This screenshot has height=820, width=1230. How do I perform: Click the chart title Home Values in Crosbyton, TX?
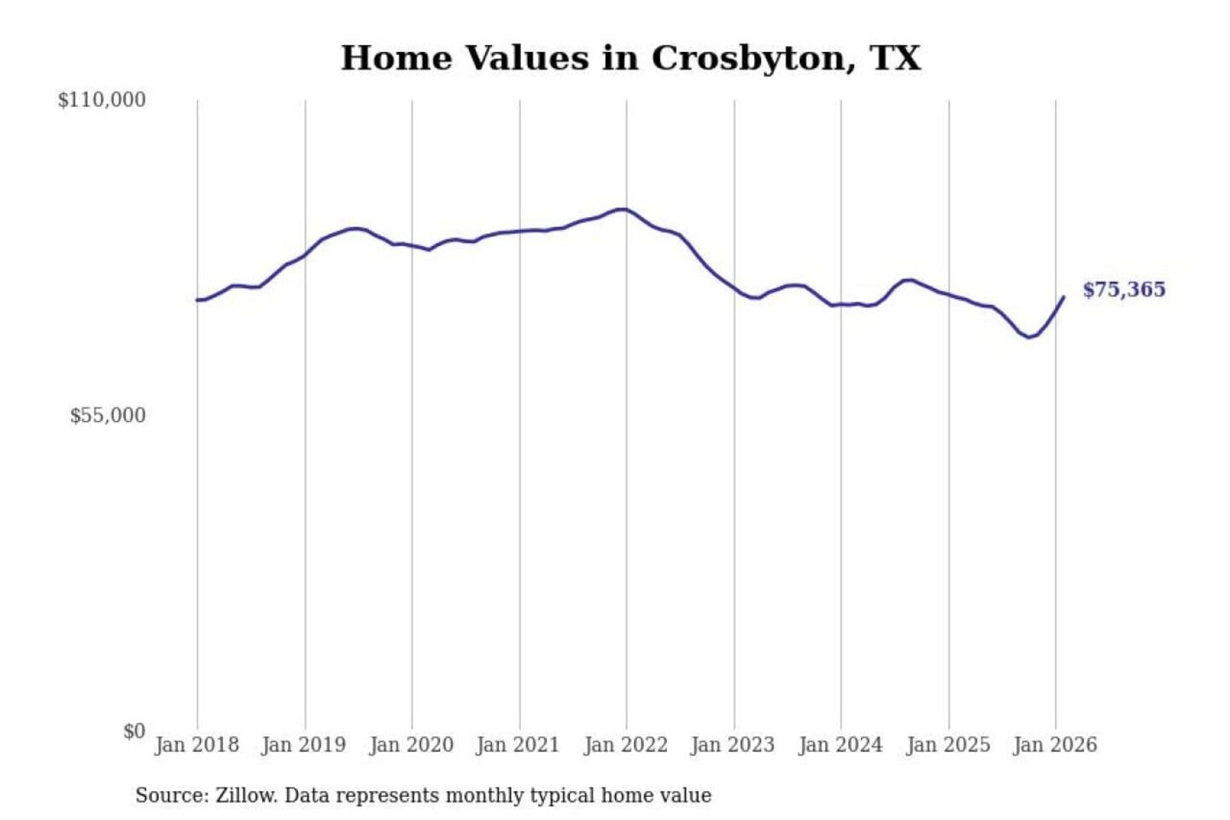[x=630, y=58]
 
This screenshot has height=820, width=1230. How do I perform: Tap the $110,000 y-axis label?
[x=102, y=100]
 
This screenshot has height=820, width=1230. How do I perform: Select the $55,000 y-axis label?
[x=108, y=416]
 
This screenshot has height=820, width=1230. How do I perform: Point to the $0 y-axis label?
[x=134, y=731]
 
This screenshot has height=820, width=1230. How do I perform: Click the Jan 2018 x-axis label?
[x=196, y=745]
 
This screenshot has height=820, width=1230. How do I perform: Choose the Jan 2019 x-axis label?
[x=304, y=745]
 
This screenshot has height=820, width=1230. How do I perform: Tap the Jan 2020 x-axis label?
[x=411, y=745]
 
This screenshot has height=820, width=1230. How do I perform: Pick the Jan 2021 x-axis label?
[x=518, y=745]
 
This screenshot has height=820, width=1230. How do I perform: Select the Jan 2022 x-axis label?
[x=625, y=745]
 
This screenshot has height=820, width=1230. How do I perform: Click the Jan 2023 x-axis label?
[x=733, y=745]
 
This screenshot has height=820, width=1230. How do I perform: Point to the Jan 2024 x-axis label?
[x=840, y=745]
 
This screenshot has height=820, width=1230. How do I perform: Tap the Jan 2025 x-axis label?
[x=948, y=745]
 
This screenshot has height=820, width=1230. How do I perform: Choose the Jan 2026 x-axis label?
[x=1055, y=745]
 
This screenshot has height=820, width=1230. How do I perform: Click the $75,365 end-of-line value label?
[x=1124, y=290]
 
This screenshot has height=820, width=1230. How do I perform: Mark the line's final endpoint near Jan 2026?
[x=1063, y=297]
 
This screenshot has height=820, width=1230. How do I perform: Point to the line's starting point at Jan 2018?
[x=197, y=300]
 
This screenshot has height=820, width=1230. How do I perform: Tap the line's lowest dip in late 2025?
[x=1029, y=337]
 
